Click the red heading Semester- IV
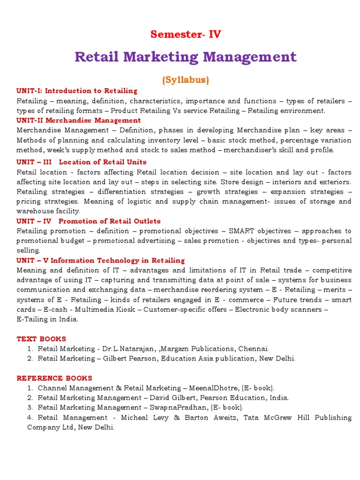tap(186, 34)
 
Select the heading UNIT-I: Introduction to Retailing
tap(77, 91)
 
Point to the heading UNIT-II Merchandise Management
tap(79, 120)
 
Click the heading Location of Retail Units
tap(104, 162)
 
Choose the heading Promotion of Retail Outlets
tap(110, 221)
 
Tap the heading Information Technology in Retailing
tap(120, 260)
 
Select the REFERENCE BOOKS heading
tap(54, 378)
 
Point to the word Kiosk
tap(127, 310)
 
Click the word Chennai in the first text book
tap(254, 349)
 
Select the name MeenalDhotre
tap(216, 388)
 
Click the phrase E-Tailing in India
tap(47, 320)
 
